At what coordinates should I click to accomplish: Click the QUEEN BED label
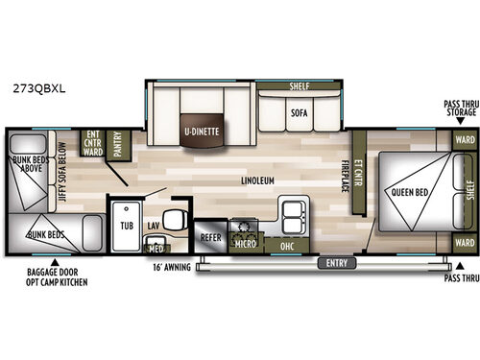[408, 191]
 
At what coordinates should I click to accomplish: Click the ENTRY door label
[336, 262]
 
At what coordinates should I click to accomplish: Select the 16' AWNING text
[170, 266]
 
